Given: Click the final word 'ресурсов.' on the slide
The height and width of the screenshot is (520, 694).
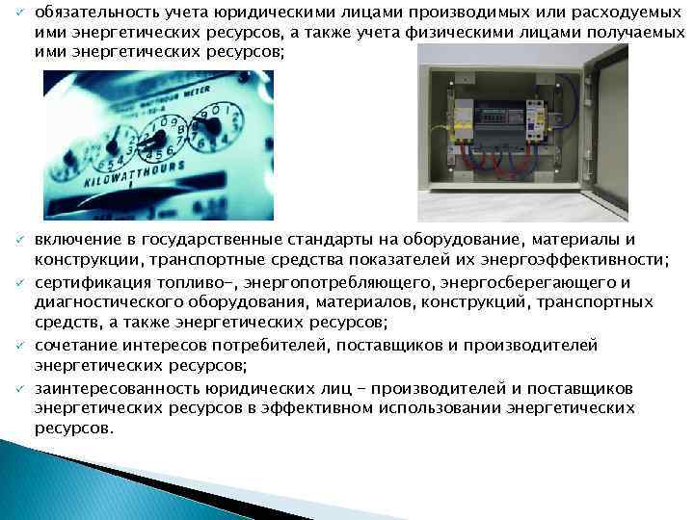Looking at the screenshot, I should point(73,428).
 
